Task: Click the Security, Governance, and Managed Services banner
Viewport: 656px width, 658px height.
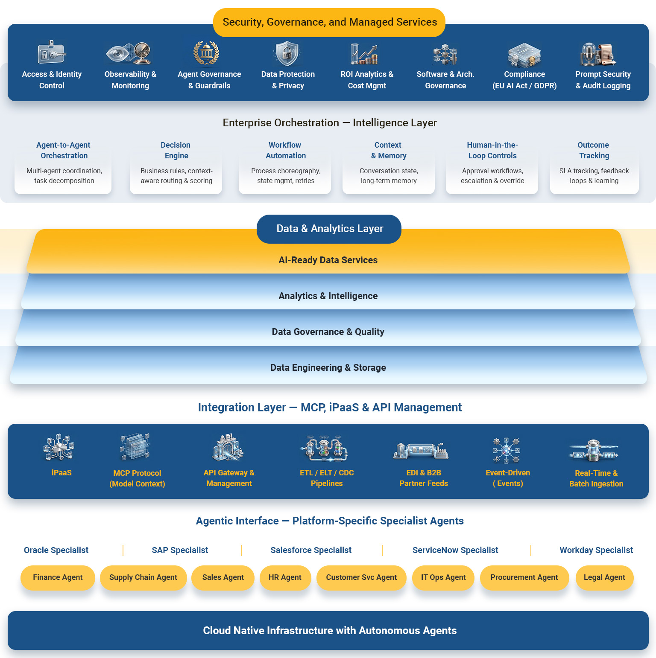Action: point(329,22)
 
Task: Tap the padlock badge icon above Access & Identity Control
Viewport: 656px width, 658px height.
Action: point(51,52)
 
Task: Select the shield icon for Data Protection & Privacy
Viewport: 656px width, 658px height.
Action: point(287,54)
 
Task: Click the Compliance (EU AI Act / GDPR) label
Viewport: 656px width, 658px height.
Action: point(524,80)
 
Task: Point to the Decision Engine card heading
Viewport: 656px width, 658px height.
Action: point(176,150)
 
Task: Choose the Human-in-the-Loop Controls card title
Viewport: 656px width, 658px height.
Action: point(492,150)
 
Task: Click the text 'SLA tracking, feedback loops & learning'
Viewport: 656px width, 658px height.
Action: point(594,176)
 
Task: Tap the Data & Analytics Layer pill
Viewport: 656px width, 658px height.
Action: point(329,229)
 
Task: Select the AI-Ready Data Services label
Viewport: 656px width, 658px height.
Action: point(328,260)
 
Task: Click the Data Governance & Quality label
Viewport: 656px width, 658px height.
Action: point(328,332)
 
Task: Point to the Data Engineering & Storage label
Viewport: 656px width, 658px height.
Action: point(328,368)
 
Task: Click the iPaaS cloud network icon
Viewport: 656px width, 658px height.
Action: point(59,447)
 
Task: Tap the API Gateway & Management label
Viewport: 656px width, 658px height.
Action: point(229,478)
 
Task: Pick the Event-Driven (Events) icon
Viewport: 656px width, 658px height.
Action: point(507,450)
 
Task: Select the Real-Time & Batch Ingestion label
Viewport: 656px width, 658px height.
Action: point(596,478)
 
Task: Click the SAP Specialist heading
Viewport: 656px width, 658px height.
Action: point(180,550)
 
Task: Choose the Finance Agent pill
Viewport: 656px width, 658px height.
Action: point(58,577)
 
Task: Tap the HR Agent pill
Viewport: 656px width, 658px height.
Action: point(285,577)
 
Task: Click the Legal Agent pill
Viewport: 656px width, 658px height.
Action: point(604,577)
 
